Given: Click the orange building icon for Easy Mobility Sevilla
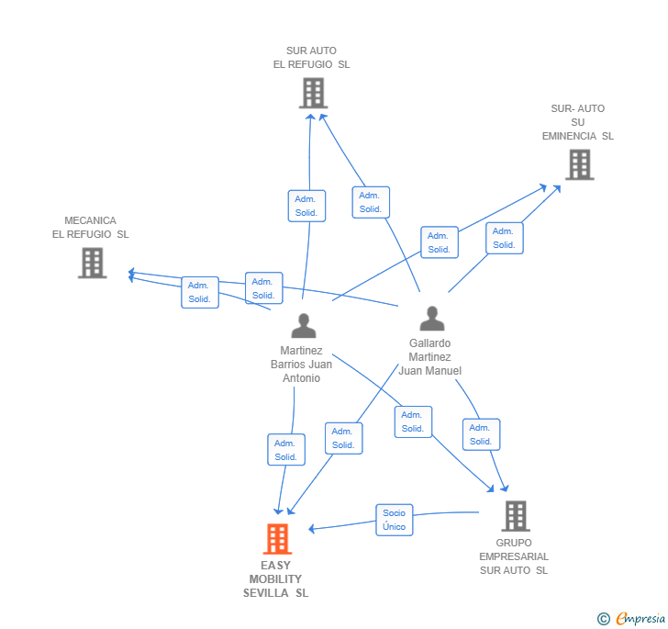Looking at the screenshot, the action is click(x=277, y=539).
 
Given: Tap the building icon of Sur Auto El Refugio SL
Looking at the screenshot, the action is click(x=314, y=93).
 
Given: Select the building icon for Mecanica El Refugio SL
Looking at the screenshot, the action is click(x=92, y=263).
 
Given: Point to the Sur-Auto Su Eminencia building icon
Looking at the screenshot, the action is click(x=580, y=164).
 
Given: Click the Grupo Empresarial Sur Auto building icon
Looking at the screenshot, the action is click(x=516, y=516).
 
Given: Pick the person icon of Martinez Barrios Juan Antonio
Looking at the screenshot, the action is click(x=304, y=325).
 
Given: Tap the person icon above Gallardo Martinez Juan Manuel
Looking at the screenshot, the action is click(x=432, y=318).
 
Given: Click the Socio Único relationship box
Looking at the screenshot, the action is click(x=394, y=520).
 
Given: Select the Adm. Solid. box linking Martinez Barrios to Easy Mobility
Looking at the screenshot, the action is click(x=286, y=449).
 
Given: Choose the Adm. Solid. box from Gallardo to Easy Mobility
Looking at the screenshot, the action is click(x=344, y=438).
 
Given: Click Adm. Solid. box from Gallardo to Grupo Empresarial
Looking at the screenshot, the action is click(x=482, y=434).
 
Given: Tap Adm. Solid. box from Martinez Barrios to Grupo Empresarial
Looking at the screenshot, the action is click(x=413, y=421).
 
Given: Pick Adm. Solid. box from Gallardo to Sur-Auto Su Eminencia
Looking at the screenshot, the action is click(x=505, y=238).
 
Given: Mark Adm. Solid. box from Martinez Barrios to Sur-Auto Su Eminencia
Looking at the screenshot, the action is click(x=440, y=242).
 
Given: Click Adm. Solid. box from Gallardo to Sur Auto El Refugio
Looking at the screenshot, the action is click(x=371, y=202).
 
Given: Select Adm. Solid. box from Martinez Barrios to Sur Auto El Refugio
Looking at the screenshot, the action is click(x=306, y=206).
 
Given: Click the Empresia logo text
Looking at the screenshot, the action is click(x=640, y=618).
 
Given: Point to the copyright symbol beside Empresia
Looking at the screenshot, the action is click(x=604, y=619).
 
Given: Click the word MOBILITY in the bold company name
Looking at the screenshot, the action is click(x=275, y=579).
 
